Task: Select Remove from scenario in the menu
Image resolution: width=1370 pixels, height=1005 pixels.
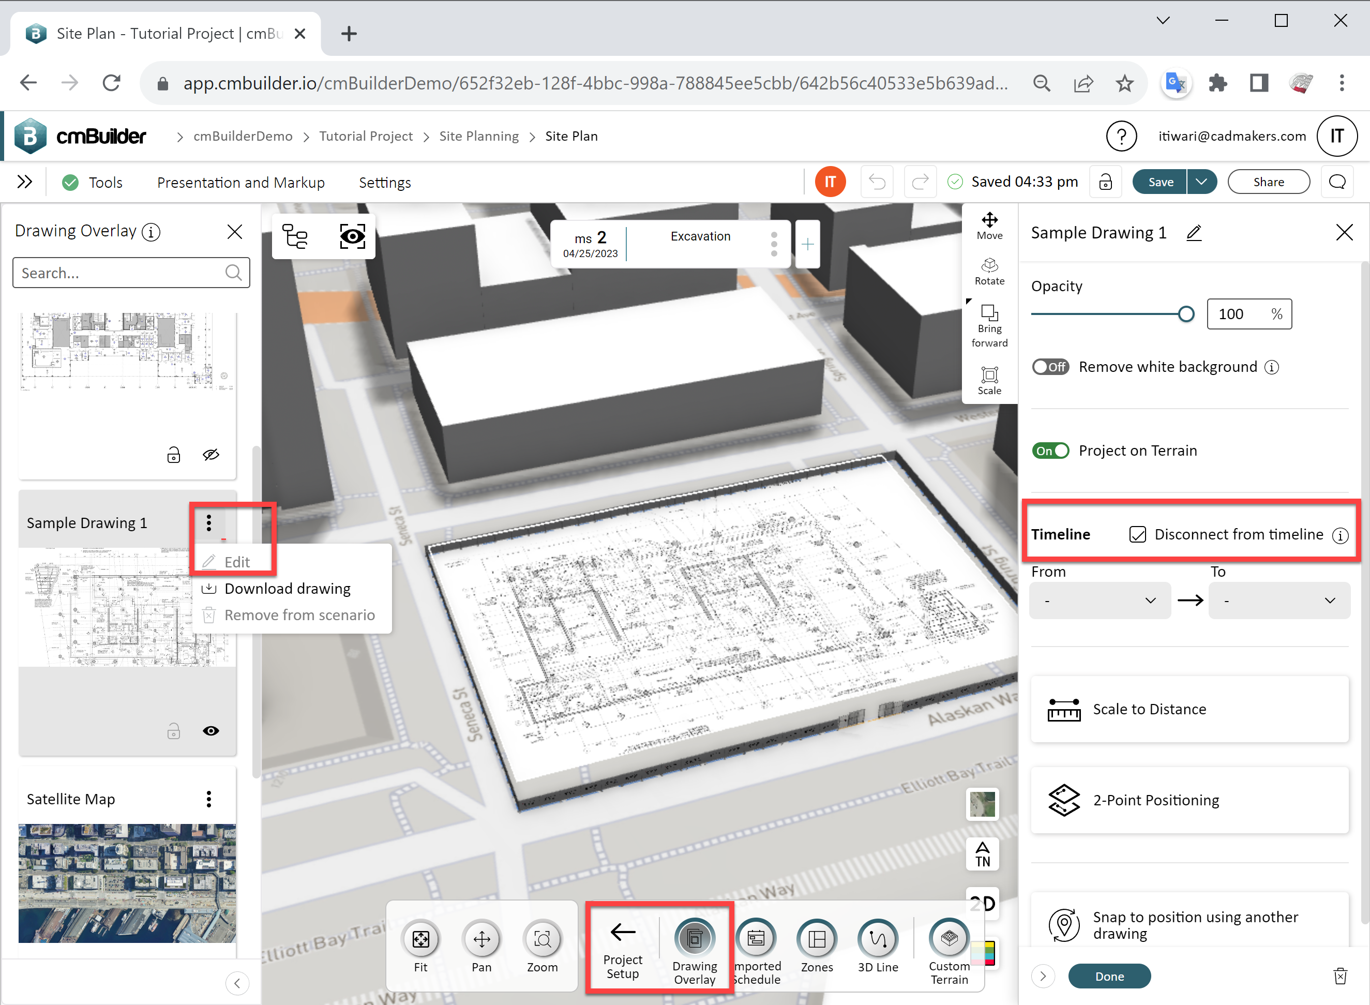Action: coord(299,615)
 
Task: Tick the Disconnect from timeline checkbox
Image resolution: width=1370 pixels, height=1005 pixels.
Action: coord(1137,534)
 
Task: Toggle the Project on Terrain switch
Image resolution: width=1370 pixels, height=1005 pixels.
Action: coord(1050,451)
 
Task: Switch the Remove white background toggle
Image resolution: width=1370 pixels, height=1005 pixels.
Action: coord(1050,367)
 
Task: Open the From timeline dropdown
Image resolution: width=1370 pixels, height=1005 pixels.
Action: coord(1100,601)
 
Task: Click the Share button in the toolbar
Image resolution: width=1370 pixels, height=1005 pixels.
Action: coord(1269,182)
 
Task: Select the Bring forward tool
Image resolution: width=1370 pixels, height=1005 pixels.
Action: coord(989,325)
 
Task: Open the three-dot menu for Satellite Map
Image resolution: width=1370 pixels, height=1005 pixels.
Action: coord(208,799)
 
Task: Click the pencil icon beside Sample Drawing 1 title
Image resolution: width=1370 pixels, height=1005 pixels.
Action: coord(1194,233)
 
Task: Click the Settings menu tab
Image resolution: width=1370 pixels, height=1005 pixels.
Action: coord(384,183)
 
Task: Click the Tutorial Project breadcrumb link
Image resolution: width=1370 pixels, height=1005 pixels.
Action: coord(366,136)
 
